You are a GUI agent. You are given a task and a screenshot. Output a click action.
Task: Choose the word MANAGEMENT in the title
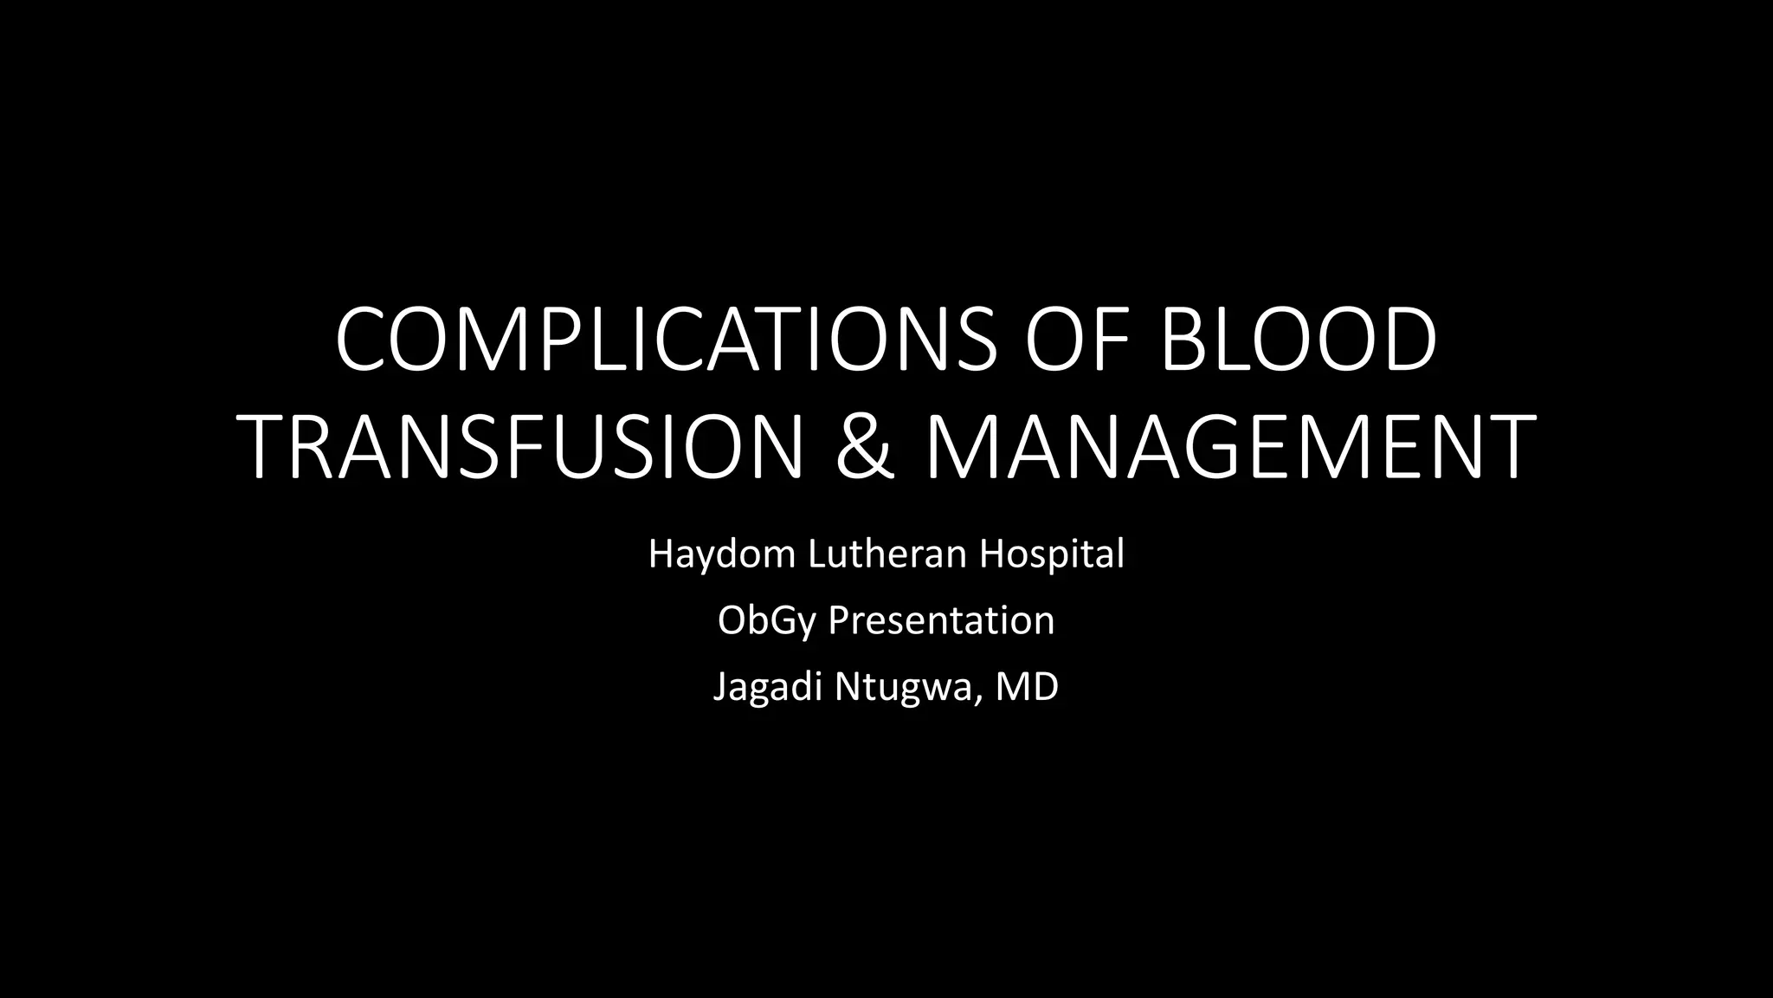point(1229,447)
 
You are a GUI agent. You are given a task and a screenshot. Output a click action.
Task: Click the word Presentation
point(941,620)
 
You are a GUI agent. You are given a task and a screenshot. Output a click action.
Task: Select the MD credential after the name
point(1028,687)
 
